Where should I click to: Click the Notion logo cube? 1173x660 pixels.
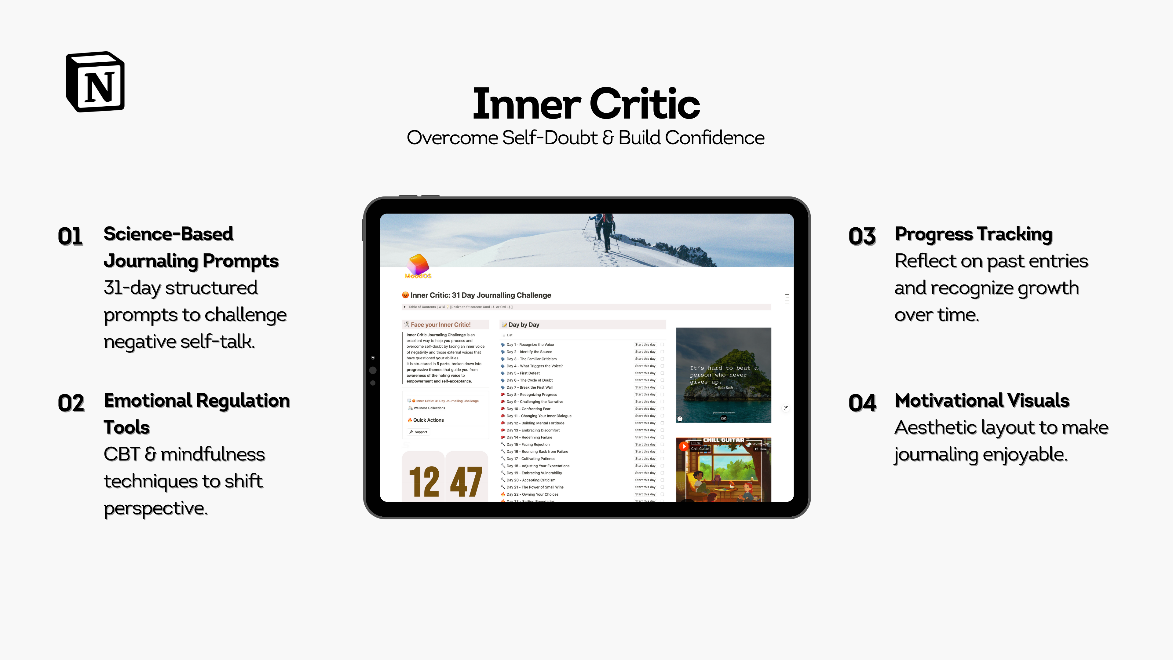coord(96,82)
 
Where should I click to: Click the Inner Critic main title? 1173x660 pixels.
coord(586,104)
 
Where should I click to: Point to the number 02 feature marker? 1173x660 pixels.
coord(71,403)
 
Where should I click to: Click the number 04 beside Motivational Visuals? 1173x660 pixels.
coord(862,403)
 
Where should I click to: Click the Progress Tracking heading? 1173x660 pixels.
coord(973,234)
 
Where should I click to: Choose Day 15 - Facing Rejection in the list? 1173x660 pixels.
coord(528,445)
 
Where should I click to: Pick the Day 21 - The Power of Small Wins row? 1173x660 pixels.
coord(535,487)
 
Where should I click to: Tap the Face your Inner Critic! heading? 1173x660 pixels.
coord(440,325)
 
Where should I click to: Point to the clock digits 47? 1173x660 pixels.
coord(466,482)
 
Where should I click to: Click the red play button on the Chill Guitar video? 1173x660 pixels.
coord(684,447)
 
